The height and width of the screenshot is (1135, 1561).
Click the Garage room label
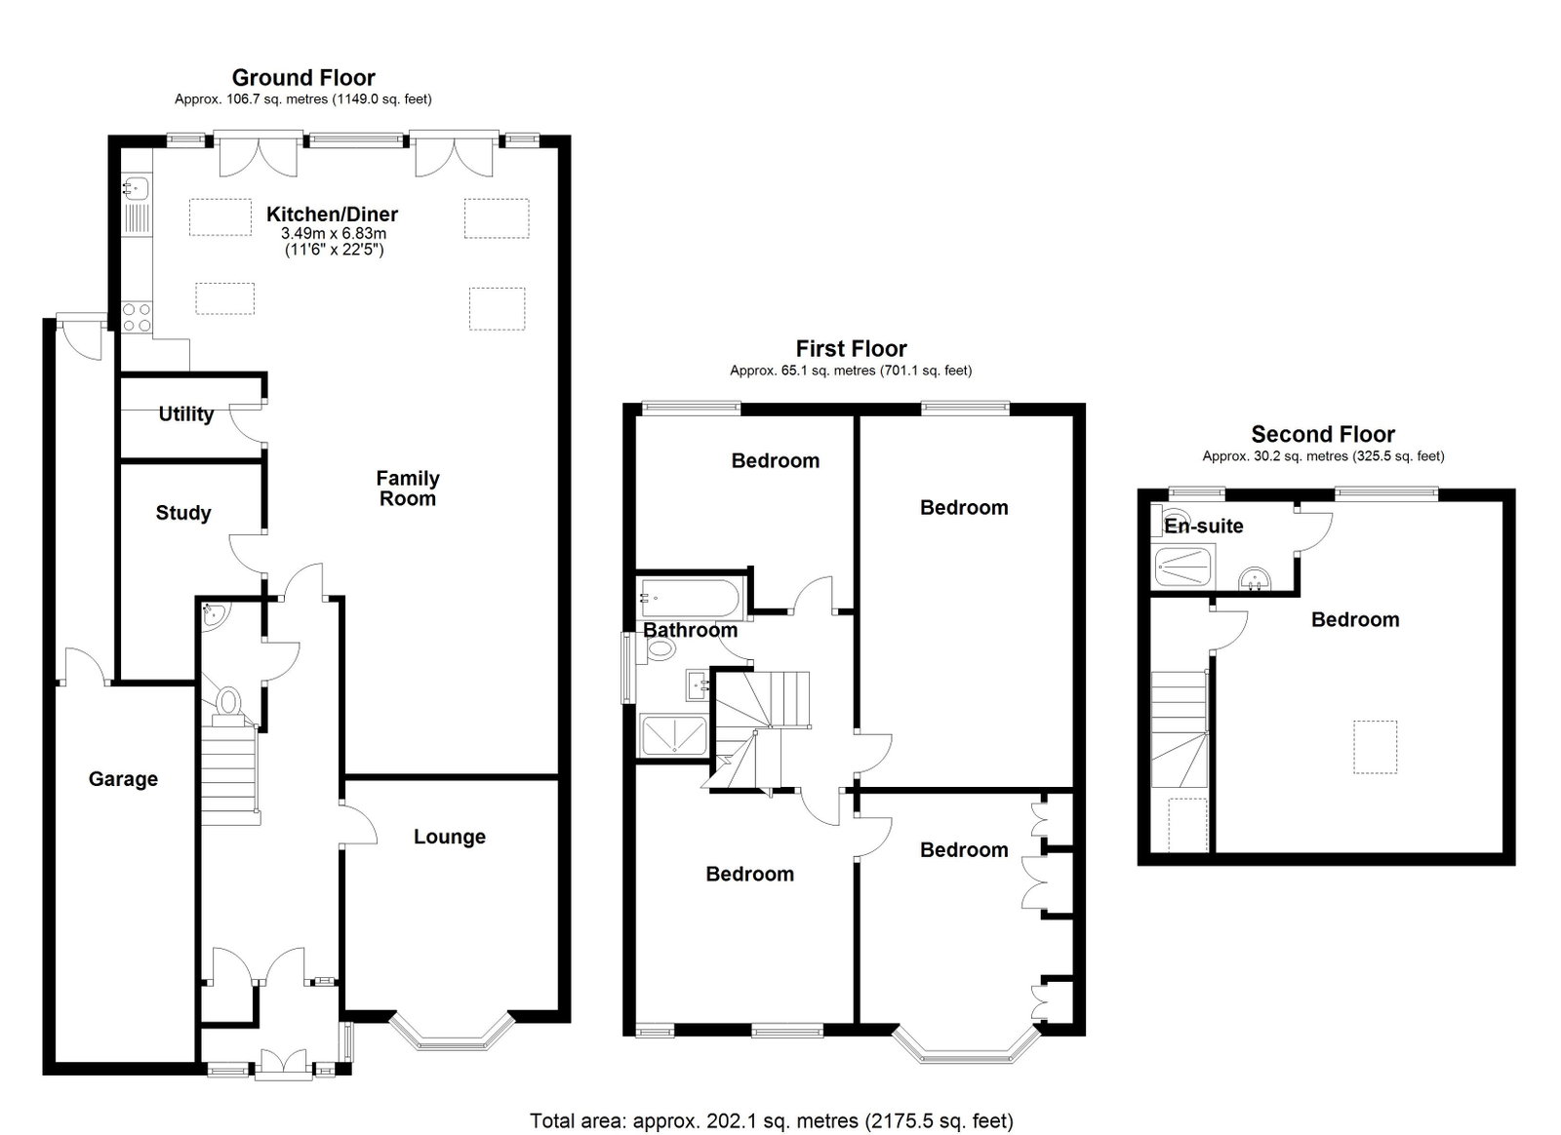123,779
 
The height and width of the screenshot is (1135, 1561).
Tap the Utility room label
186,414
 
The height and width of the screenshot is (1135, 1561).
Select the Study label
183,513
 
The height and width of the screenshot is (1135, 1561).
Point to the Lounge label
450,837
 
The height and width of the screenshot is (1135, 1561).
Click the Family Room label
408,489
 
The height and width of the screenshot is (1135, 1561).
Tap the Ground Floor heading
303,77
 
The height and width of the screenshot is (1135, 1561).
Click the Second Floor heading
1323,435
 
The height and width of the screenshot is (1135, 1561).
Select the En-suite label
1204,526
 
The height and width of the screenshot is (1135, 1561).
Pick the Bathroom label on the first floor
690,630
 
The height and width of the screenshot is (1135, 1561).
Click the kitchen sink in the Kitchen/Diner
136,188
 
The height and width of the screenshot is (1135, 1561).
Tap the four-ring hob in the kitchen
137,317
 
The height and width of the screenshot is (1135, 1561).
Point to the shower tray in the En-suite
1184,567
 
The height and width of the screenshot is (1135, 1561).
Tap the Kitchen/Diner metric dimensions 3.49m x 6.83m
334,234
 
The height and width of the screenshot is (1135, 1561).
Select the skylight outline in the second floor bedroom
1375,747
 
